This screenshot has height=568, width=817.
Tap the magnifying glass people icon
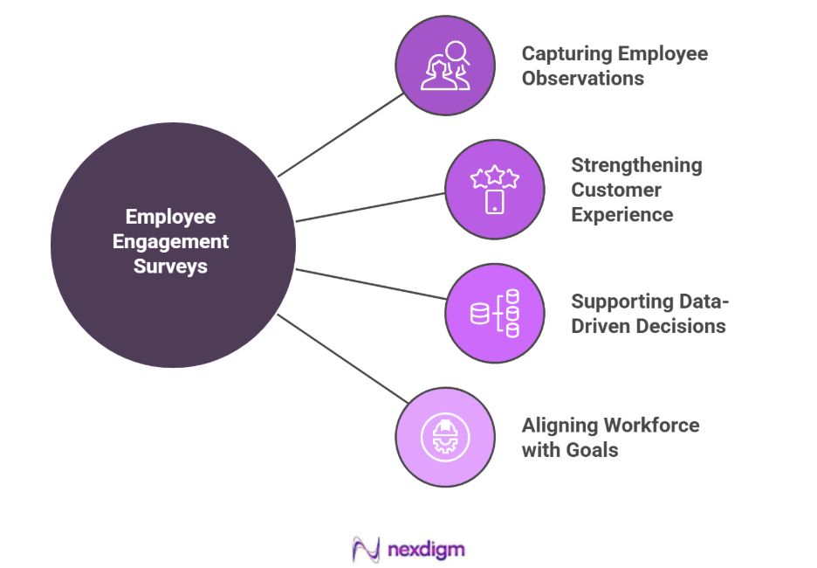coord(445,66)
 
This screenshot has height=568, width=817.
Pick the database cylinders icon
coord(495,314)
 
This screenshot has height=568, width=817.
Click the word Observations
coord(583,78)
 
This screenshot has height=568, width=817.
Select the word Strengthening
coord(636,164)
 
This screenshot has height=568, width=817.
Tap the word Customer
coord(616,190)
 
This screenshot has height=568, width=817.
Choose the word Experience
coord(622,214)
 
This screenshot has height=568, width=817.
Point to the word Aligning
coord(555,426)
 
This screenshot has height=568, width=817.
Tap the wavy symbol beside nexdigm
coord(366,549)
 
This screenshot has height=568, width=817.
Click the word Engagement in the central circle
coord(171,241)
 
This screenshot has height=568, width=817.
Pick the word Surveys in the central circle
coord(171,266)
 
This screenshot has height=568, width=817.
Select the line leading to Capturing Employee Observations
coord(340,134)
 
